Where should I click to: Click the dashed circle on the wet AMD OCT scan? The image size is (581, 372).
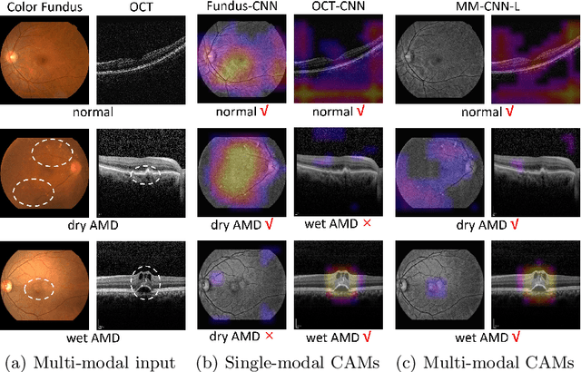click(143, 283)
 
